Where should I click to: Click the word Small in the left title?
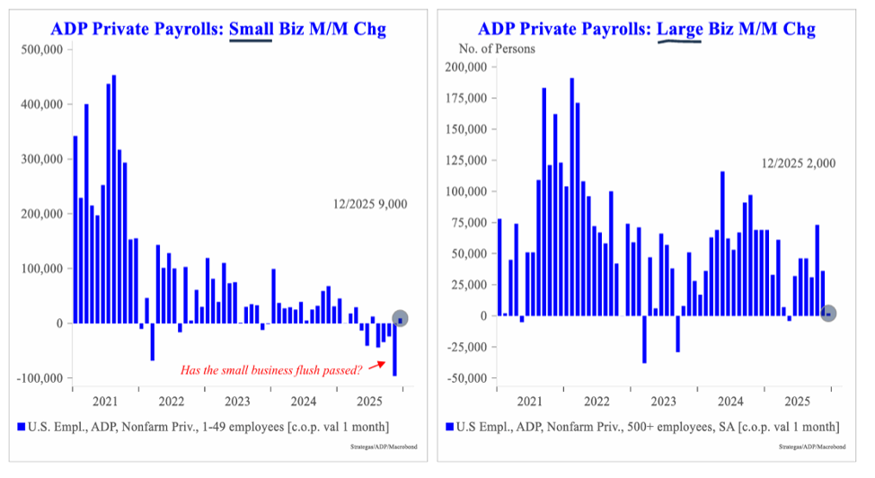coord(250,29)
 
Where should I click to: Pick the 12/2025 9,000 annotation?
coord(368,204)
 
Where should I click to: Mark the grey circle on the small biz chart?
coord(401,318)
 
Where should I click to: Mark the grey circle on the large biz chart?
coord(828,314)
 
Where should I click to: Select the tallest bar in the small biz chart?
coord(113,199)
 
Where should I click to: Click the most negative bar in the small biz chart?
coord(394,350)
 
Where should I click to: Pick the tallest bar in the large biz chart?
coord(572,197)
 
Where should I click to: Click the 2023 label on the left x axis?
coord(238,401)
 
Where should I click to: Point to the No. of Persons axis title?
coord(497,49)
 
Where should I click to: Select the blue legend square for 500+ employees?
coord(449,425)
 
